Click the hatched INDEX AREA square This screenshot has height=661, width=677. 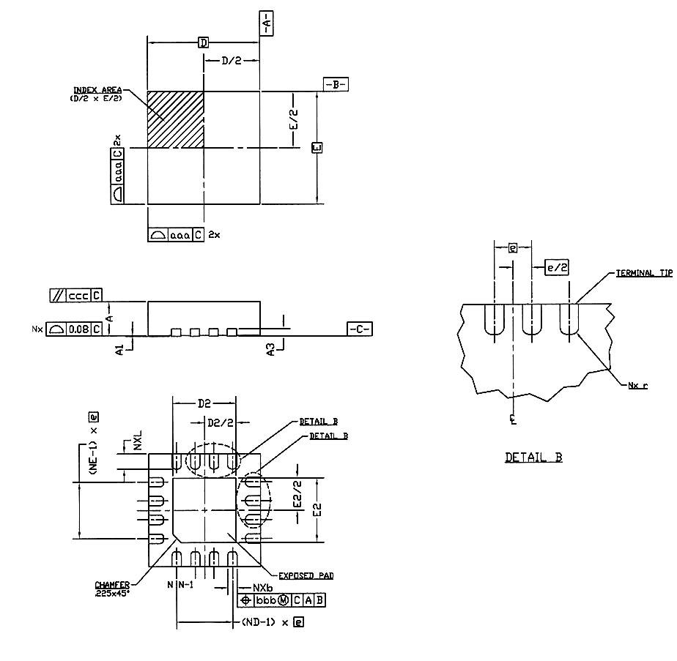click(175, 119)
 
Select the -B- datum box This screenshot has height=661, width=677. click(336, 84)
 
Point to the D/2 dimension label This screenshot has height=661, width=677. click(231, 61)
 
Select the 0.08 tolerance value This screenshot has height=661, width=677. click(78, 329)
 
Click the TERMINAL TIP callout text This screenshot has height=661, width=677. click(643, 272)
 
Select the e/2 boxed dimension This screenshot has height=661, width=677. click(557, 267)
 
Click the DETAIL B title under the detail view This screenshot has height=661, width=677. click(533, 458)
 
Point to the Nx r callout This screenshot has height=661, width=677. click(637, 385)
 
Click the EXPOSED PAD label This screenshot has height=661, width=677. click(306, 576)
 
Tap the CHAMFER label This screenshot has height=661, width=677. click(112, 585)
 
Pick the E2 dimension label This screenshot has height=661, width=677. click(317, 509)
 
